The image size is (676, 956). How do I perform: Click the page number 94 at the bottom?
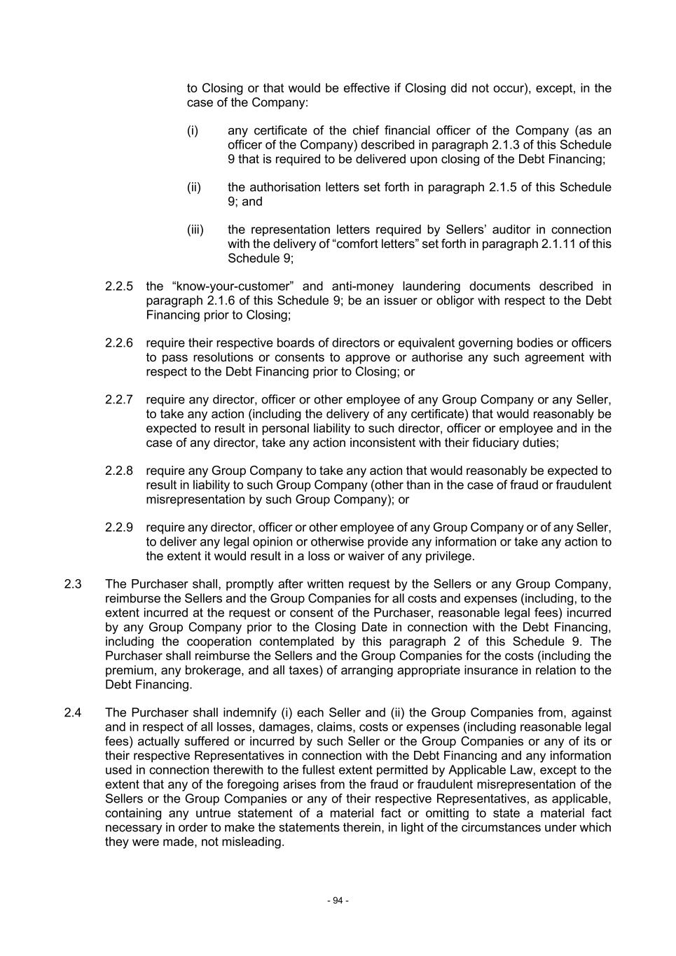[338, 901]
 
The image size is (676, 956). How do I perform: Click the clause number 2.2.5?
[119, 286]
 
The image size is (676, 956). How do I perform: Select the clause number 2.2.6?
[119, 343]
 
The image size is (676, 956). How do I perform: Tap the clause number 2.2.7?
[119, 400]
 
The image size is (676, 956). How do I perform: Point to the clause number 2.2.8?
[119, 471]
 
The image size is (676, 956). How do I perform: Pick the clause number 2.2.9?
[119, 527]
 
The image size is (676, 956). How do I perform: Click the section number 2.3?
[73, 584]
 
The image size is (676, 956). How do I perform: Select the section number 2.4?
[73, 713]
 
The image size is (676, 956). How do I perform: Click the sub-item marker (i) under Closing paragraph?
[193, 131]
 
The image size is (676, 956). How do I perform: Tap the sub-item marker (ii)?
[194, 188]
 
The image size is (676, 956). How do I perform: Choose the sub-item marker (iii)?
[195, 230]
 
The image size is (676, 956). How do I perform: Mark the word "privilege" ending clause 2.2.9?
[448, 556]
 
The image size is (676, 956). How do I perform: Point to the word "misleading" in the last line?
[254, 842]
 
